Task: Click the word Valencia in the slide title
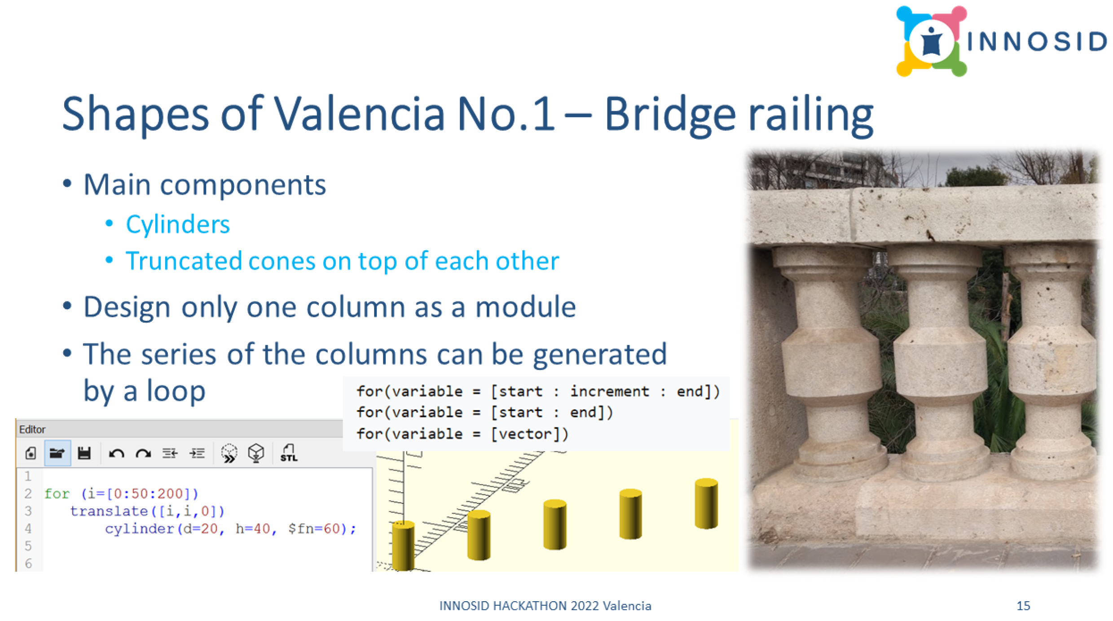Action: coord(359,114)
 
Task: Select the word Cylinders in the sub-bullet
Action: coord(178,224)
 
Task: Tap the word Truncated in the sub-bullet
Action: coord(183,261)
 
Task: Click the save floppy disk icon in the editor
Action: coord(84,453)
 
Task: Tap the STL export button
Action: coord(289,453)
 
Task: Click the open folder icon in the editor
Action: coord(57,453)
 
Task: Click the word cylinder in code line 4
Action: coord(139,529)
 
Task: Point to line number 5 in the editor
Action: coord(28,546)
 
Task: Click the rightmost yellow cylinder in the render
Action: coord(706,503)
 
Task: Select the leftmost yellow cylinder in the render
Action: coord(403,546)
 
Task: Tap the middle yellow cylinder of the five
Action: coord(555,525)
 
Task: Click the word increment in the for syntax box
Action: coord(610,392)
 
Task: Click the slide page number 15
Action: coord(1023,606)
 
